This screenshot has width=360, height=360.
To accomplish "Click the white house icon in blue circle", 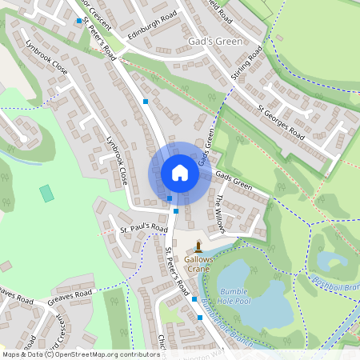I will click(x=179, y=173).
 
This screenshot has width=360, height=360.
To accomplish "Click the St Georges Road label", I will click(x=281, y=120).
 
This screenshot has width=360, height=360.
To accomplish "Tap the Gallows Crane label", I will click(x=198, y=264).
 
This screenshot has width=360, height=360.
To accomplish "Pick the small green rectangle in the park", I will click(x=46, y=193).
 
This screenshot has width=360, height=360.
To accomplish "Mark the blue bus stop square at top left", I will click(x=78, y=21).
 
